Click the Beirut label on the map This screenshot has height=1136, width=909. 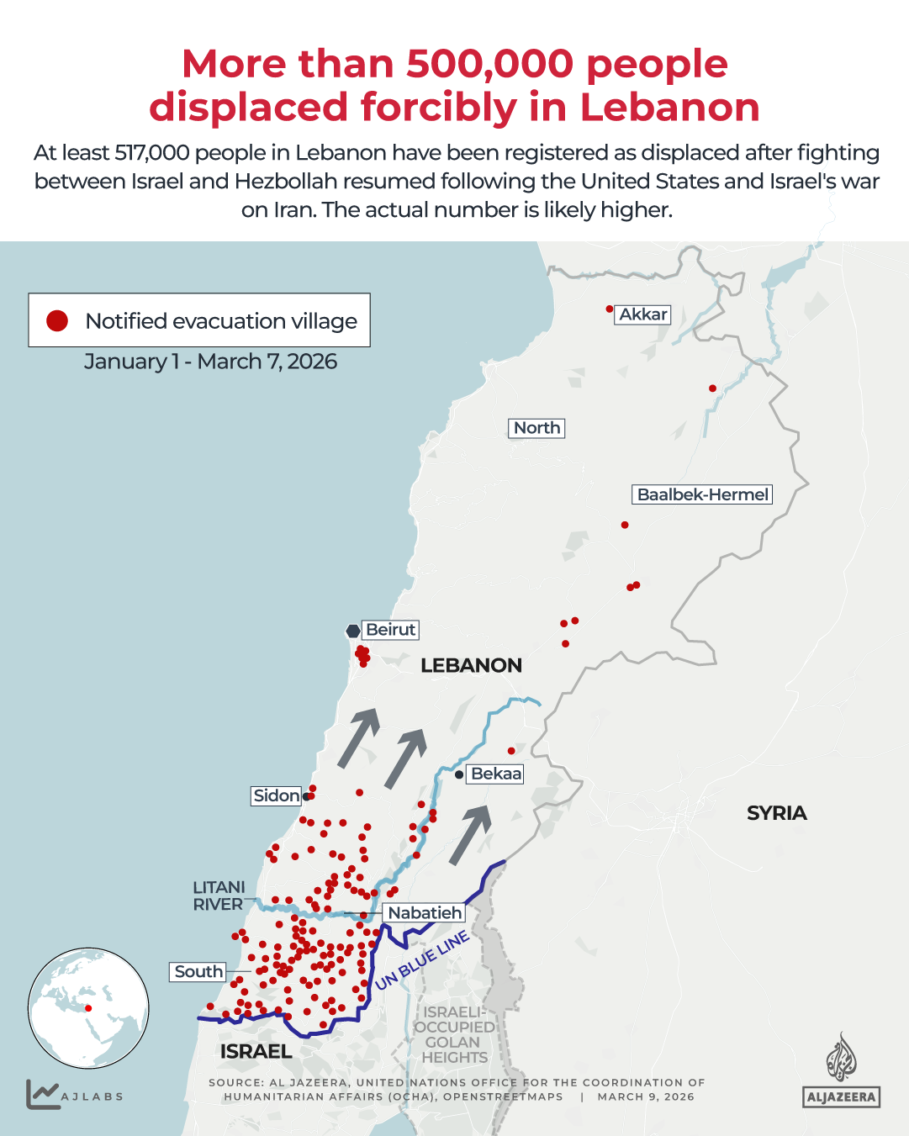point(390,630)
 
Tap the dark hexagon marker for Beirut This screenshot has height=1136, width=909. point(353,631)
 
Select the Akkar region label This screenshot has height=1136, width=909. point(643,314)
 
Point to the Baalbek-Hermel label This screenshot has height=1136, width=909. point(702,494)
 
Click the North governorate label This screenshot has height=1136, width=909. point(536,428)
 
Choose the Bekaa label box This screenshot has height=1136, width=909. point(496,774)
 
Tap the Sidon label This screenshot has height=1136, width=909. point(277,795)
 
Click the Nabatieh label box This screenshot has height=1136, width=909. point(425,912)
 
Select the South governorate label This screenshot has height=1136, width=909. point(198,972)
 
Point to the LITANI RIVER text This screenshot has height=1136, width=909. point(219,896)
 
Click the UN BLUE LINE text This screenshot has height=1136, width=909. point(421,961)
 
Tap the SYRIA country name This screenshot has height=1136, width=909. point(776,813)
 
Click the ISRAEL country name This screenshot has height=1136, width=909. point(256,1051)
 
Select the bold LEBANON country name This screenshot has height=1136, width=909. point(471,665)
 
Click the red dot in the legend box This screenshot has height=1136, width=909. point(57,320)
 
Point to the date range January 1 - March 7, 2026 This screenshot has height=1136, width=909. point(210,362)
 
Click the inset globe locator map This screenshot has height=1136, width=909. point(88,1008)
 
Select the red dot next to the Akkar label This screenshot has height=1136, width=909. point(610,309)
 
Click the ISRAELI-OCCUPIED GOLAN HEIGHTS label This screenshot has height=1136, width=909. point(454,1035)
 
